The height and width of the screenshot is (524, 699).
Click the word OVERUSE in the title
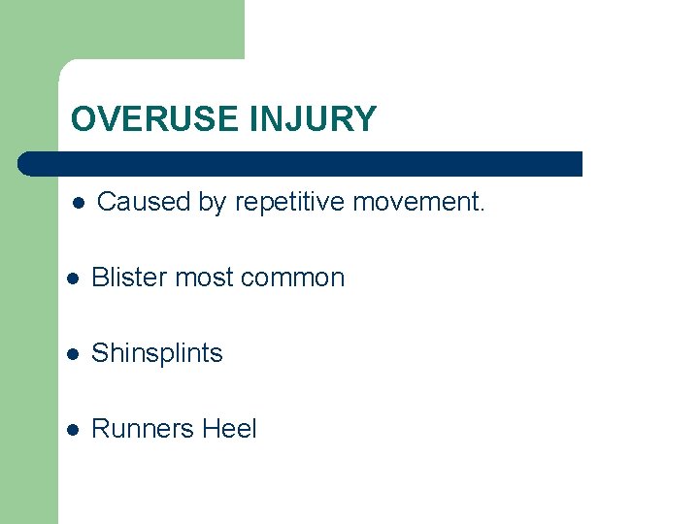(x=154, y=119)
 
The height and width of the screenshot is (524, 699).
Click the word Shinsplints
(x=156, y=353)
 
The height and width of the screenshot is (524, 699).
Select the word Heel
(x=229, y=429)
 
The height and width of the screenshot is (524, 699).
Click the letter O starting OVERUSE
(x=83, y=119)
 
